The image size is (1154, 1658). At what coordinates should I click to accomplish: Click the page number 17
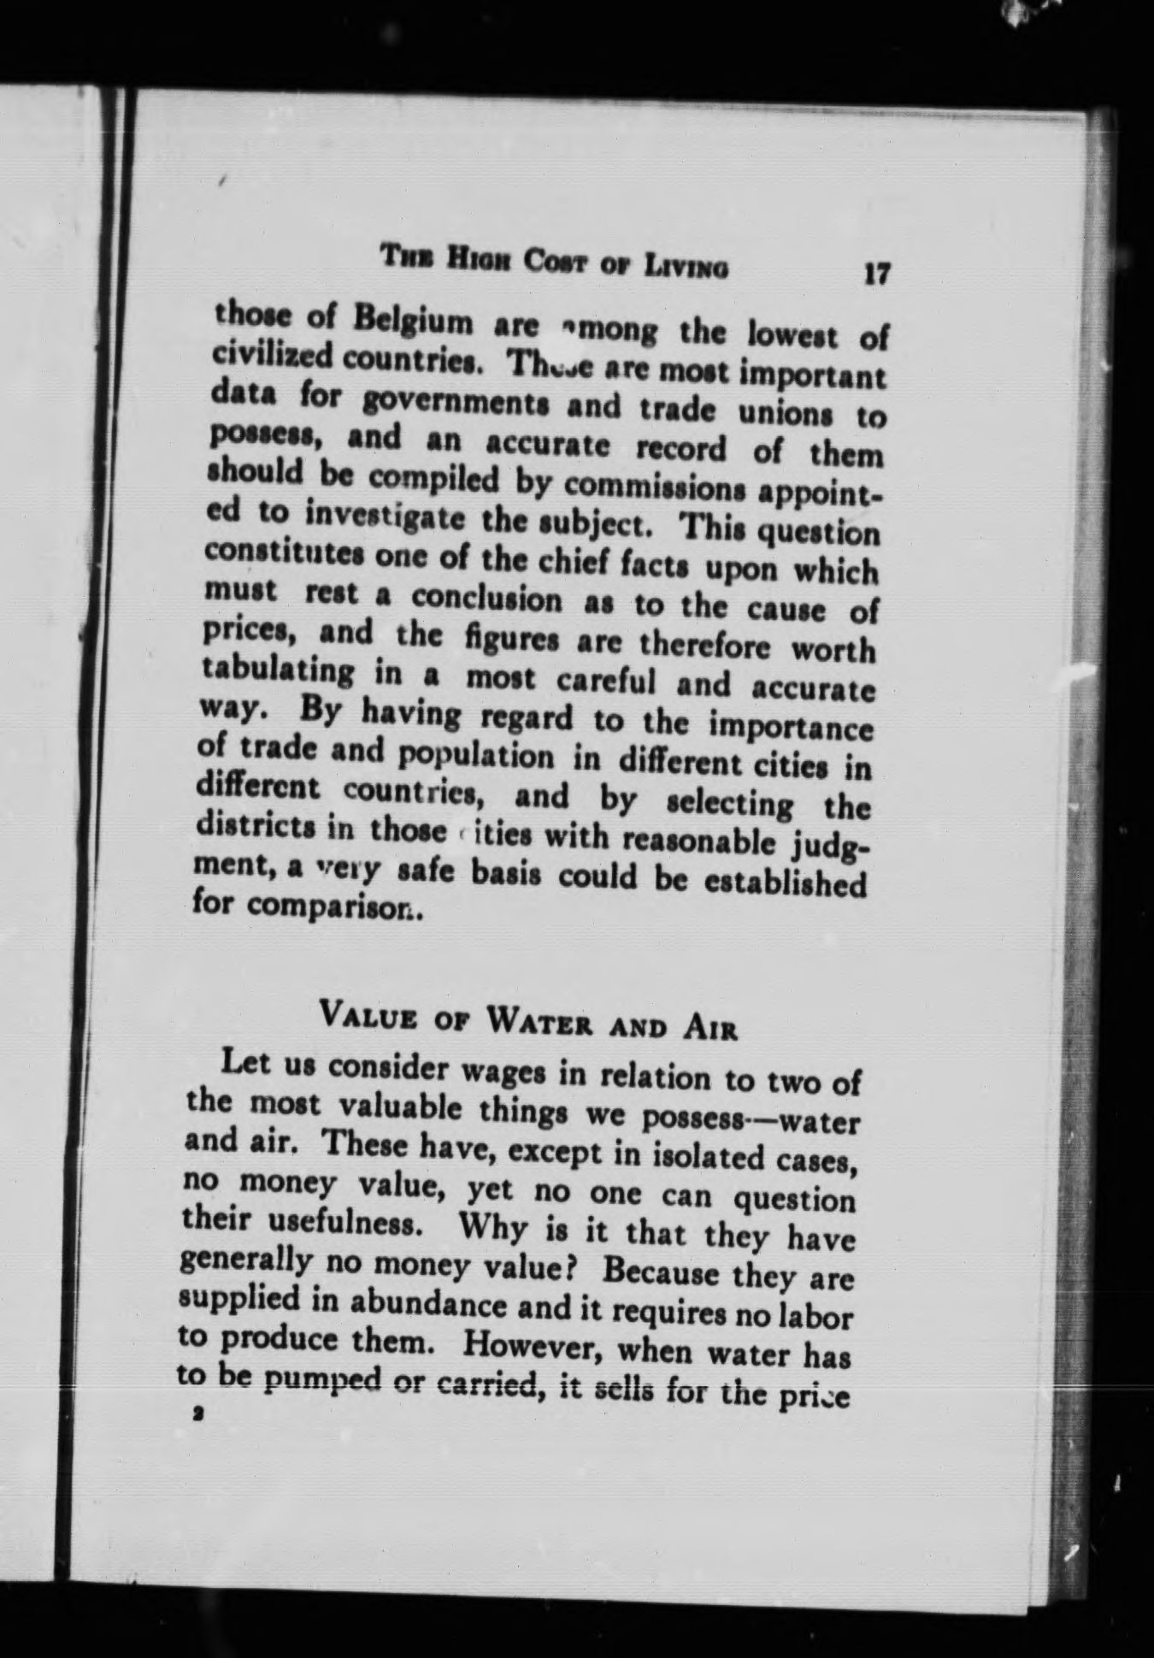[x=877, y=274]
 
